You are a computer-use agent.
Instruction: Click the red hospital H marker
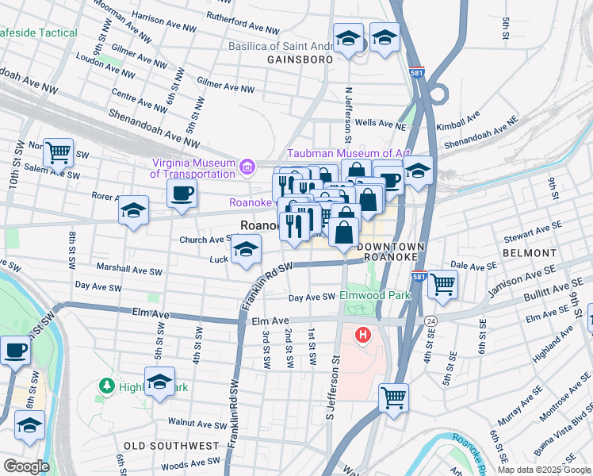point(363,336)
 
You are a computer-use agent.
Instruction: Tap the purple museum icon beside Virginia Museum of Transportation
point(247,167)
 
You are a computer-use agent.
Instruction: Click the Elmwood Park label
point(373,295)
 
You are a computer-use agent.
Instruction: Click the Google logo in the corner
point(26,466)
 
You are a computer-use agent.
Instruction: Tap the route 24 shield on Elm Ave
point(430,321)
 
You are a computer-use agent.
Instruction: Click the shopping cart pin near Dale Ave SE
point(442,283)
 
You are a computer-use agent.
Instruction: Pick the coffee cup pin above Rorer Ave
point(182,193)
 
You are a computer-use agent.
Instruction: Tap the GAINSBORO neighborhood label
point(297,59)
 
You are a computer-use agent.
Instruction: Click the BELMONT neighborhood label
point(529,252)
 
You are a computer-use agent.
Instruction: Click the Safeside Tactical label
point(39,33)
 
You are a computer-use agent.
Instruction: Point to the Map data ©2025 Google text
point(544,469)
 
